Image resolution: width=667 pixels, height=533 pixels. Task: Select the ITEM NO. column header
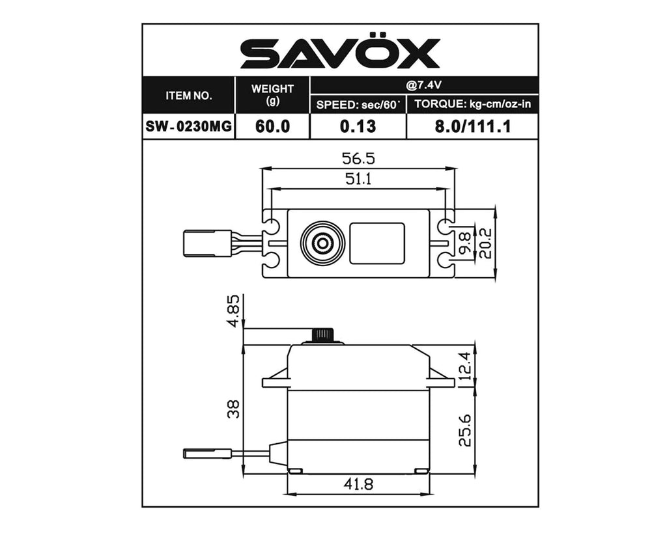tap(188, 96)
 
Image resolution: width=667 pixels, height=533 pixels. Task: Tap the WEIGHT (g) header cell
tap(272, 95)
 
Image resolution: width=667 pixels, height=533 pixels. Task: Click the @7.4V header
tap(423, 85)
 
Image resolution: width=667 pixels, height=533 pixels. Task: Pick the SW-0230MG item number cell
tap(189, 126)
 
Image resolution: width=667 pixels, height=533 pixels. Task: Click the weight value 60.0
tap(272, 126)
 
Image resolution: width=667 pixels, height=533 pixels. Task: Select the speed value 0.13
tap(358, 126)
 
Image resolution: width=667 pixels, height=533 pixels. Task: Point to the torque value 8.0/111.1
tap(472, 126)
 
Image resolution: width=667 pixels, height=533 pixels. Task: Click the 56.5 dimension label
tap(358, 159)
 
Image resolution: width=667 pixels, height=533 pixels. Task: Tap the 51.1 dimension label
tap(358, 179)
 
